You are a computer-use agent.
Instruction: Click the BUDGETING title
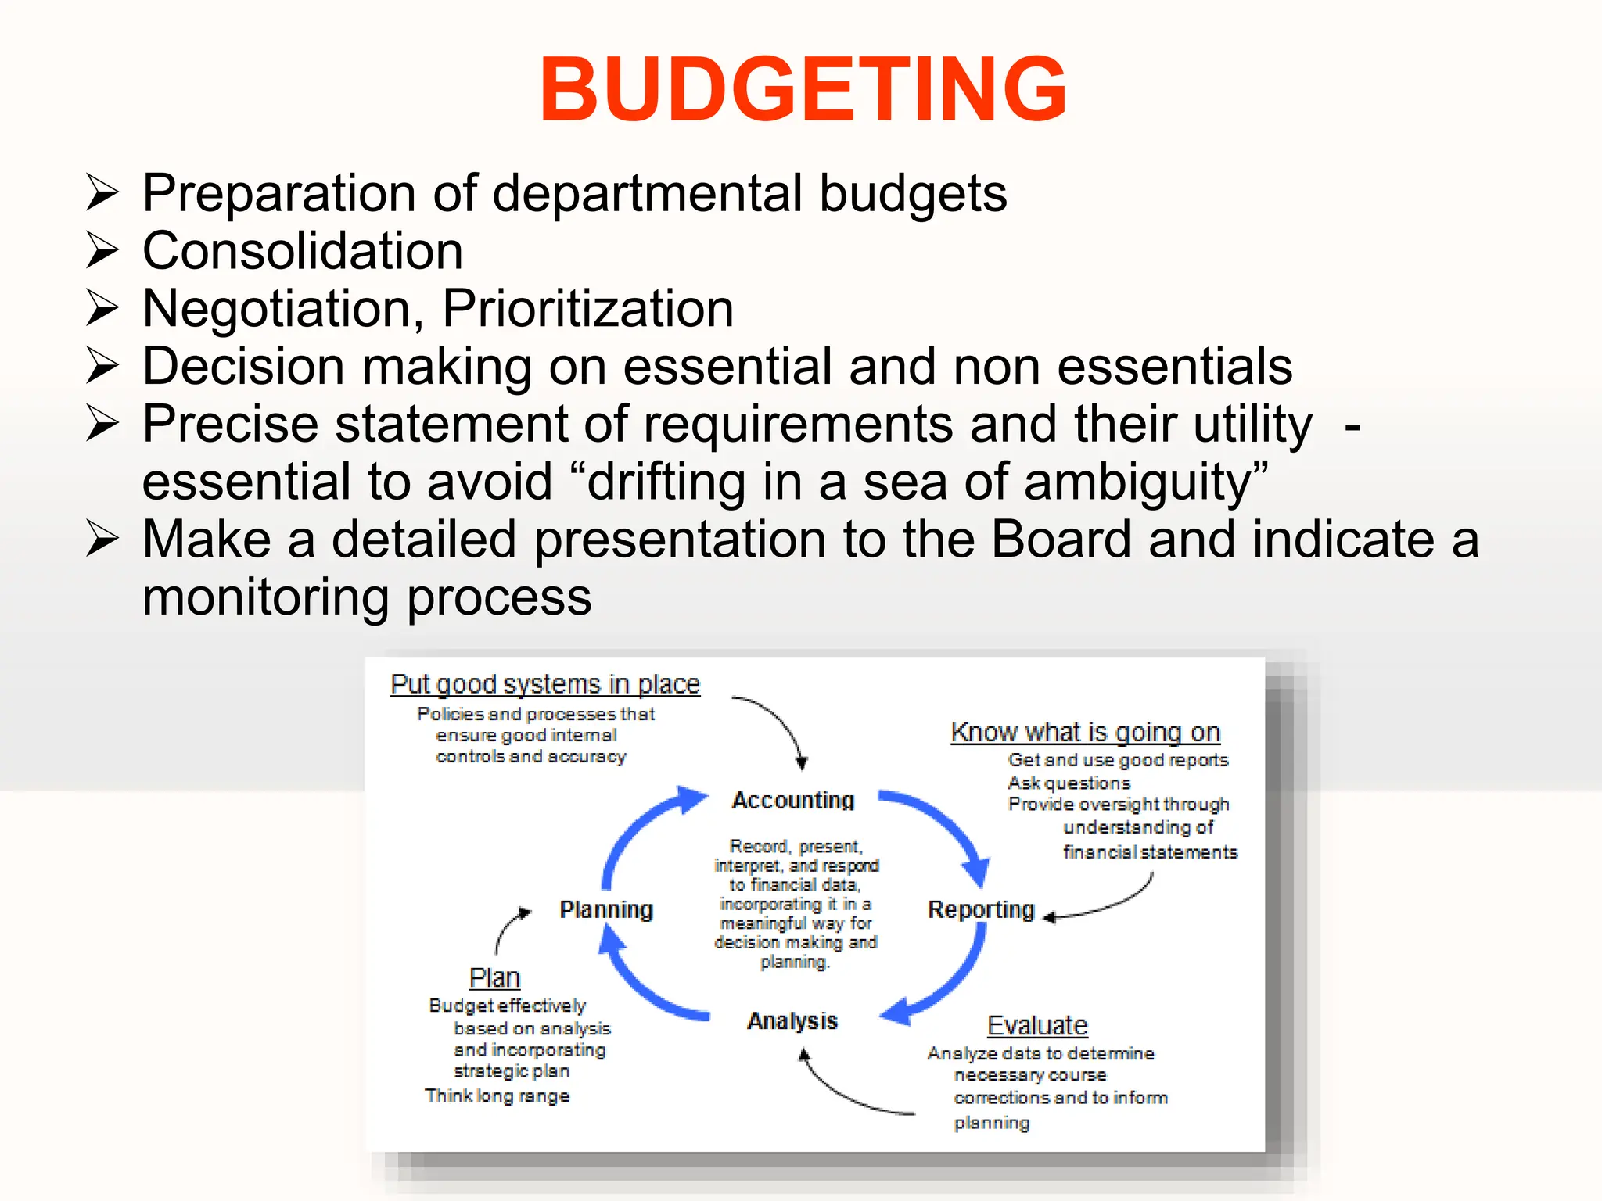pos(803,89)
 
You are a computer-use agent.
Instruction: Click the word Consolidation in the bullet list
pos(303,251)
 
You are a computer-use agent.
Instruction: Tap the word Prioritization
pos(587,309)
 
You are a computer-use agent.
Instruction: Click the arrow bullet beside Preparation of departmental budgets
pos(102,193)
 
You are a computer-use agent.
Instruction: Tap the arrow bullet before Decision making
pos(102,366)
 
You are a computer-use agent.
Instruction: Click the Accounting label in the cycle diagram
pos(792,801)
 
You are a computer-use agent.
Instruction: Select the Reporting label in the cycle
pos(981,909)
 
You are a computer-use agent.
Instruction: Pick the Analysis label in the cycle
pos(792,1021)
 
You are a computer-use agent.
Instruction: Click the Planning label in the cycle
pos(606,909)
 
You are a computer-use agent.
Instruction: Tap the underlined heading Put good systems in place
pos(544,684)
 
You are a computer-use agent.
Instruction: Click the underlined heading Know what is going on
pos(1085,733)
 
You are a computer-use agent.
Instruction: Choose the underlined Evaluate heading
pos(1037,1025)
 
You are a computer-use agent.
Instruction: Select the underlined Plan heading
pos(494,977)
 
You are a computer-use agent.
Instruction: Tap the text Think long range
pos(497,1095)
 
